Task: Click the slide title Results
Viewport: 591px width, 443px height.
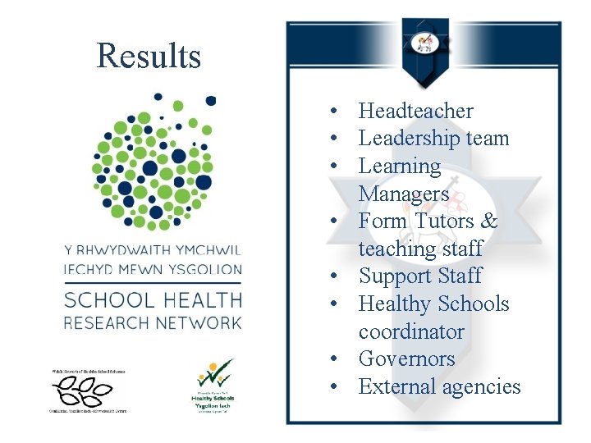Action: point(149,56)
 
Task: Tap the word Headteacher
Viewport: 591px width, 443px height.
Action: point(416,111)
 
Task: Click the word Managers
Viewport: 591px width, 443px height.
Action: point(404,194)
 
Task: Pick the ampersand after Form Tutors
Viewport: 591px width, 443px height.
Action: point(489,221)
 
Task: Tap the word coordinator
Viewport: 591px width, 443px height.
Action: point(411,331)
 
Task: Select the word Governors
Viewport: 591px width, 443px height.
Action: point(406,359)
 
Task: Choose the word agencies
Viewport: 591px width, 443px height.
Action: point(482,386)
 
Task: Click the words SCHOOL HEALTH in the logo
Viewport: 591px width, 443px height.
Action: point(153,299)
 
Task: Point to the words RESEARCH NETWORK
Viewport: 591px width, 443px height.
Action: point(153,322)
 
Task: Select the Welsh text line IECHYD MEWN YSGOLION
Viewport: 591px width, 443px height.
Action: point(153,270)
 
